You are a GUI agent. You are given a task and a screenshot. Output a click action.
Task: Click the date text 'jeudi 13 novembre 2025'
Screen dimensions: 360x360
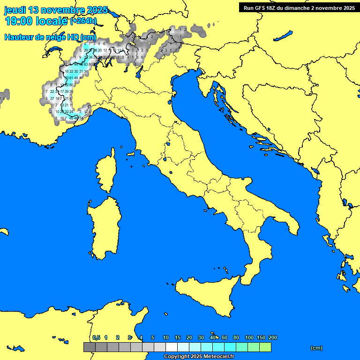[56, 10]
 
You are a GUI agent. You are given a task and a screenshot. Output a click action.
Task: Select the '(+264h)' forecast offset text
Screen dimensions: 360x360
[83, 21]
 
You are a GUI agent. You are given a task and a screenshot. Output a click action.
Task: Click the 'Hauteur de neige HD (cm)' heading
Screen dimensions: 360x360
[50, 37]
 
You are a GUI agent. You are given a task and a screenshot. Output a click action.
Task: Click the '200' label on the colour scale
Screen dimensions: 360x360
[272, 337]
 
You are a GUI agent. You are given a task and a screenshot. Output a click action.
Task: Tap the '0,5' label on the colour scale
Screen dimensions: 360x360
[96, 337]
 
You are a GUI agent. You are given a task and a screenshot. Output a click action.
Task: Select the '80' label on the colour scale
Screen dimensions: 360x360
[236, 337]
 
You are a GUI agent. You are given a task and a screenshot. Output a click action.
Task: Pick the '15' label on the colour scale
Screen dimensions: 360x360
[178, 337]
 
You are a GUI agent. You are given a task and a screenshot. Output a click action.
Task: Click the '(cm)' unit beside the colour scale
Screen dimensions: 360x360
[316, 348]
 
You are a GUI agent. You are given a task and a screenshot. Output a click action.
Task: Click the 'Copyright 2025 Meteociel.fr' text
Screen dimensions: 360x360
[198, 357]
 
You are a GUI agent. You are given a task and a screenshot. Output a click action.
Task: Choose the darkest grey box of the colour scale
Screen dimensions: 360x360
[89, 347]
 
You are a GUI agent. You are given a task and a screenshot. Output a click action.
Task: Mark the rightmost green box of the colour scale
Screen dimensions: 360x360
[265, 347]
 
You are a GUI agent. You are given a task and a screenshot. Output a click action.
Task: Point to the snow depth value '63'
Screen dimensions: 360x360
[86, 64]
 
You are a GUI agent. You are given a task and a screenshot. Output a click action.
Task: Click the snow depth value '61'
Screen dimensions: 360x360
[71, 78]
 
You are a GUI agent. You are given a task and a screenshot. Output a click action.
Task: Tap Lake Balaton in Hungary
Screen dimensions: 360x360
[283, 36]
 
